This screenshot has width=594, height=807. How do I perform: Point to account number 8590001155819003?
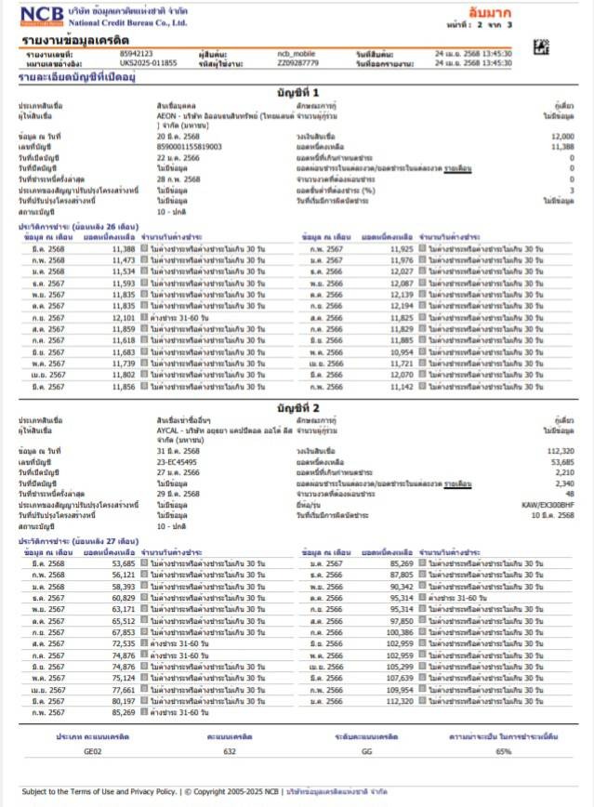(x=190, y=146)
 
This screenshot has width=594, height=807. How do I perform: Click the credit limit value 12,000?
(x=535, y=136)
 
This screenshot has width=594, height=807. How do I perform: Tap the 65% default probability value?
(x=505, y=750)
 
